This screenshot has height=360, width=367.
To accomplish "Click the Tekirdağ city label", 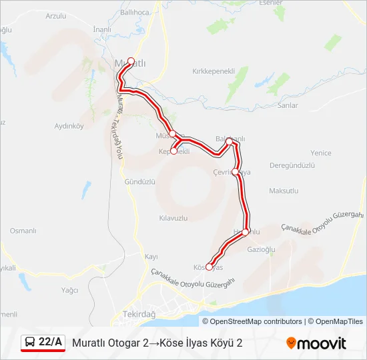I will coord(139,314).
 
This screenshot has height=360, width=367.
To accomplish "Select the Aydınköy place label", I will coord(68,125).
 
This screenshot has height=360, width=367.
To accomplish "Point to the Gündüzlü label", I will coord(139,181).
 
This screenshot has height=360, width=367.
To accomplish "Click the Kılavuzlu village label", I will coord(174,217).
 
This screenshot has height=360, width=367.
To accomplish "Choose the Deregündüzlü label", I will coord(292,165).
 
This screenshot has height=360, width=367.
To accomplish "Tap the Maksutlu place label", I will coord(284,191).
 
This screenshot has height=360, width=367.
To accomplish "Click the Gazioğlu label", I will coord(261,249).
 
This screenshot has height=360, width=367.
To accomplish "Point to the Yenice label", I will coord(320,153).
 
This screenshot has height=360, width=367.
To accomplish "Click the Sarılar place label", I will coord(288,105).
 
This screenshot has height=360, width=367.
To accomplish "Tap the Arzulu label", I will coord(57,15).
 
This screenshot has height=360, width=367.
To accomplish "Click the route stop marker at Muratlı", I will coord(131,61).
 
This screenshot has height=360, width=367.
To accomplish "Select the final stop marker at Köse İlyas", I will coord(209,267).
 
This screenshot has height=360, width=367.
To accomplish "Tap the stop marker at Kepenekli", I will coord(173,151).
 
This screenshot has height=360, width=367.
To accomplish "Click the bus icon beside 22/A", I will coord(30,342).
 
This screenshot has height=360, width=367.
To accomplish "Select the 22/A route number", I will coord(51,342).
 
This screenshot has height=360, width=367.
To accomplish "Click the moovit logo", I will coord(316,343).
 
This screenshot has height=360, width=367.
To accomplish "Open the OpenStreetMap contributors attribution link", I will coord(256,321).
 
